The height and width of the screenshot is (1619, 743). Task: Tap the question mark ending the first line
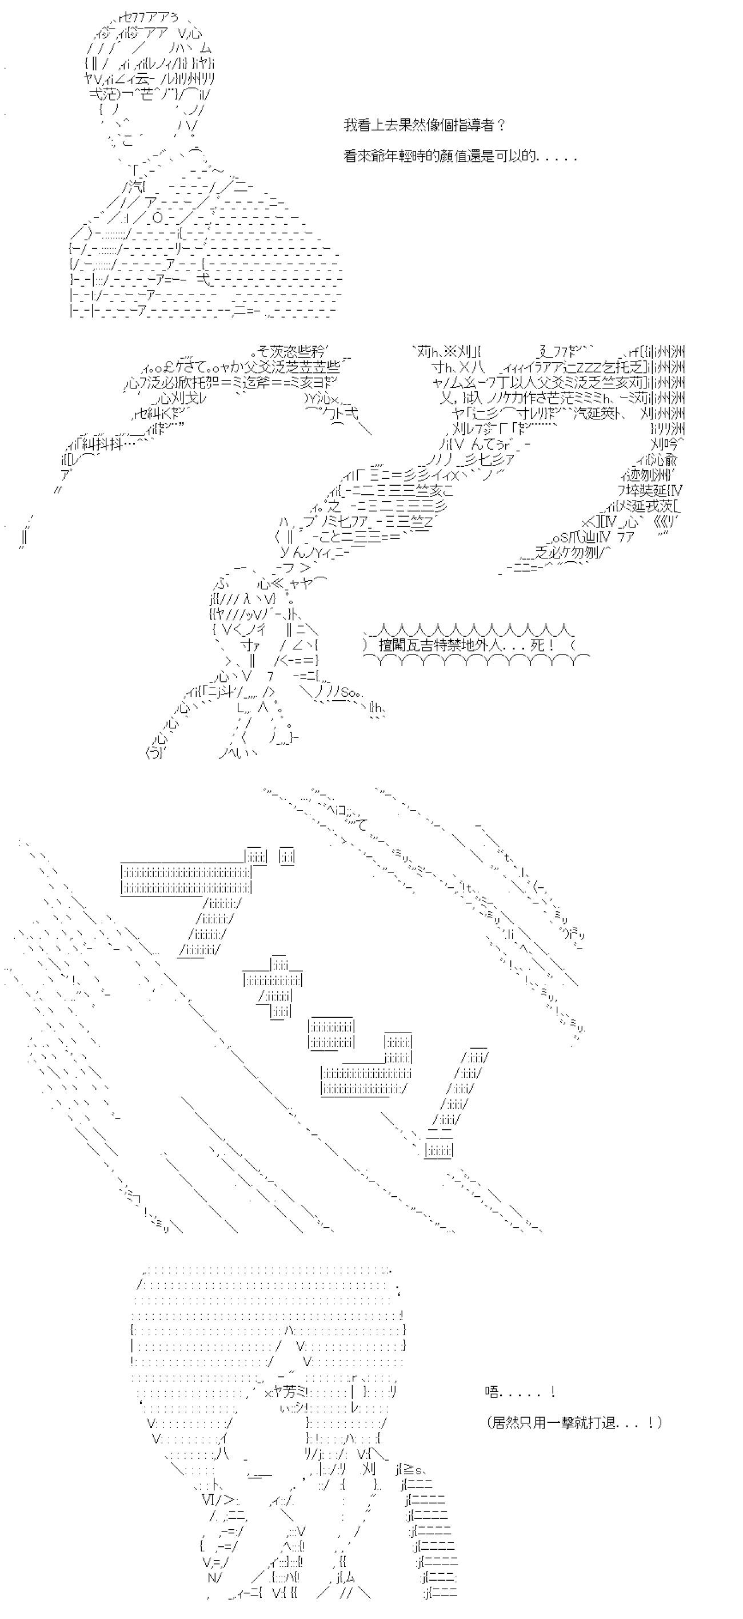click(x=501, y=125)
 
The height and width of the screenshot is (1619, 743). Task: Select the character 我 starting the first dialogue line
click(x=350, y=125)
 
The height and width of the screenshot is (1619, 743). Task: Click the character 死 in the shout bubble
click(x=538, y=645)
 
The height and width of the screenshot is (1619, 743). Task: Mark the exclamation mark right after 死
click(x=553, y=645)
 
